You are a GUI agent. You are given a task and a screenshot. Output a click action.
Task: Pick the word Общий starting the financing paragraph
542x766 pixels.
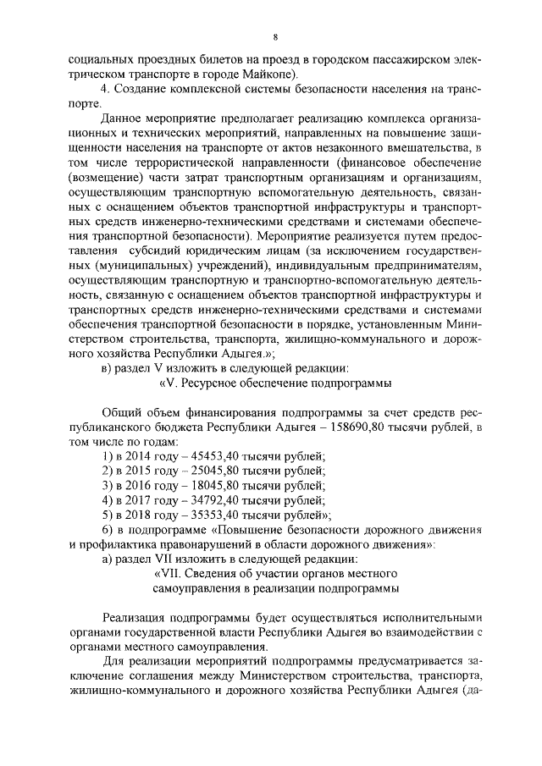(x=120, y=413)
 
